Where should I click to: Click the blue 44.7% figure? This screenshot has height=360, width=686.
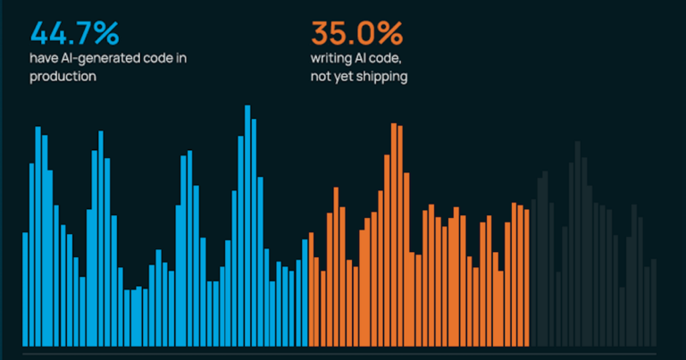click(x=74, y=33)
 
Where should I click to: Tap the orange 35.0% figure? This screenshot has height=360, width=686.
click(x=356, y=33)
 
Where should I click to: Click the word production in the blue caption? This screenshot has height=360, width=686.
click(x=63, y=77)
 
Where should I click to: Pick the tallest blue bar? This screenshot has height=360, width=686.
click(x=247, y=226)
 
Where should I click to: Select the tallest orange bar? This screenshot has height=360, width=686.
click(x=394, y=235)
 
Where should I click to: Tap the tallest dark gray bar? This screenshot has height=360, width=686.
click(x=578, y=244)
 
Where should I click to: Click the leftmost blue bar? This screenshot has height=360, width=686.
click(x=25, y=289)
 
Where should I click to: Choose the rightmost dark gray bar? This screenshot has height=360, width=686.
click(x=654, y=303)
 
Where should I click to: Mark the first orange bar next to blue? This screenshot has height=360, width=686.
click(x=311, y=289)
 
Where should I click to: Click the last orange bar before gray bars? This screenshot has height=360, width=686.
click(x=527, y=278)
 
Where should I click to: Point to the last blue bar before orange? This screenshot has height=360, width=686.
click(x=305, y=293)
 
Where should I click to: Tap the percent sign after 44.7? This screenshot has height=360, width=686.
click(x=107, y=33)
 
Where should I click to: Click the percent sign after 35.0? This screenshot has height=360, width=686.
click(x=390, y=33)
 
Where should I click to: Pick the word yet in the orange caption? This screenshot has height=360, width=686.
click(x=343, y=77)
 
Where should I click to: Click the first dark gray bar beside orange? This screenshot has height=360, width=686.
click(x=533, y=273)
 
